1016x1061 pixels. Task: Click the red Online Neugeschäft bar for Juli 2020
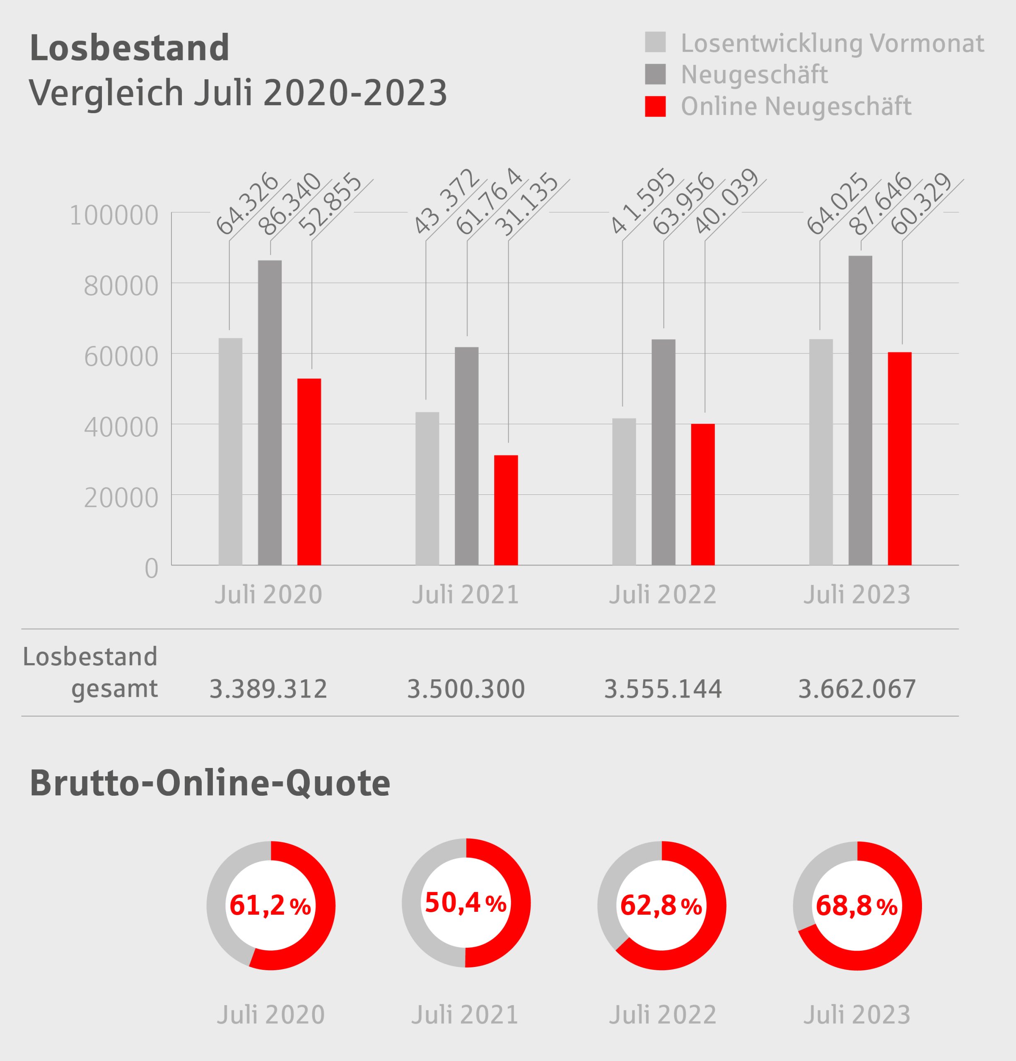click(309, 472)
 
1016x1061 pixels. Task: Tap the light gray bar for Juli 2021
click(427, 488)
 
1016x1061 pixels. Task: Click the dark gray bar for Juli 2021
click(466, 456)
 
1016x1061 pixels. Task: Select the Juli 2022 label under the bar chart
click(663, 595)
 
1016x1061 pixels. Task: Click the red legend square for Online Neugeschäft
click(655, 106)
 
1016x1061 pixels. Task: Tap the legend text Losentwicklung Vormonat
click(832, 43)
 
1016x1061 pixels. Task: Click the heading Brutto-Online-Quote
click(210, 783)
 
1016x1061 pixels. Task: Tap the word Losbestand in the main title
click(130, 48)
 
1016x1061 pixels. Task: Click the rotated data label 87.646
click(880, 205)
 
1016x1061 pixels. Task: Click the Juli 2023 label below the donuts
click(857, 1015)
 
